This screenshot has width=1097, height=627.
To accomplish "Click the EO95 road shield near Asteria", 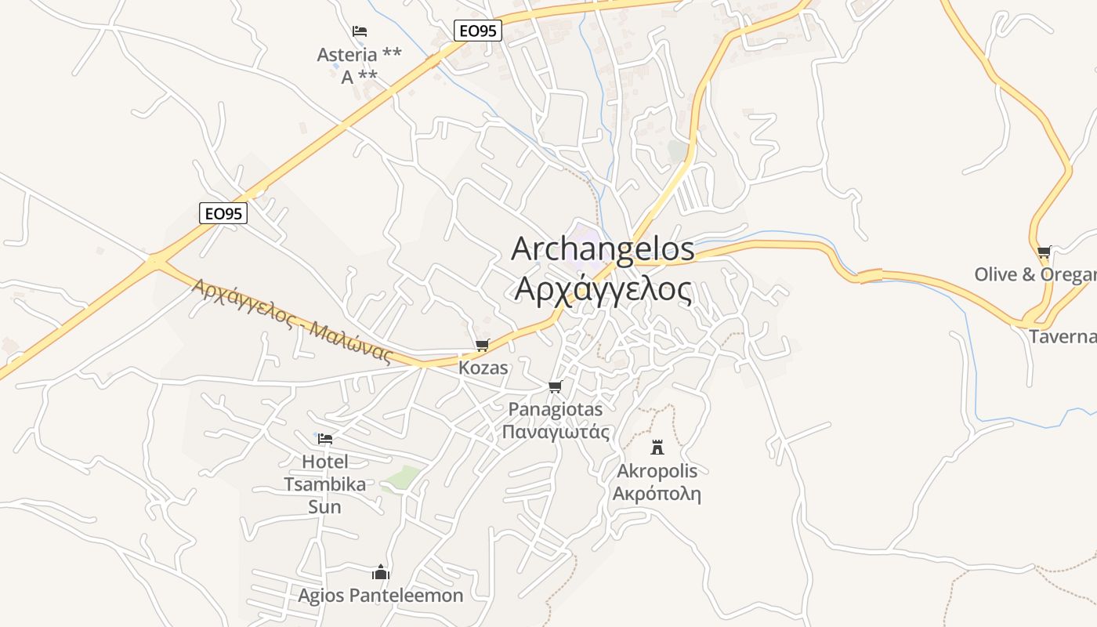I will tap(477, 31).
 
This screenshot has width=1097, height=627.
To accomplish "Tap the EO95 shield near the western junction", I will tap(223, 213).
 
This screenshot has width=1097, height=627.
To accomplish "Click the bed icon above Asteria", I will tap(360, 31).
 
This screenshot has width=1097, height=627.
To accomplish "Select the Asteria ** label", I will tap(359, 55).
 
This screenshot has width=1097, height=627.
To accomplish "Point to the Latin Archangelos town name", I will tap(603, 248).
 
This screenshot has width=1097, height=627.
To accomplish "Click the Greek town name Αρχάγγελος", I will tap(603, 289).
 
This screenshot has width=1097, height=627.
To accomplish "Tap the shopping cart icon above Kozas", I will tap(482, 346).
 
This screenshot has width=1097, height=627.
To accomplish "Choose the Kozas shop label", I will tap(483, 368).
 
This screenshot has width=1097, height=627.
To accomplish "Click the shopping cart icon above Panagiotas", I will tap(556, 387).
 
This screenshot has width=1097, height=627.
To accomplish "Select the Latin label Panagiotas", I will tap(556, 409).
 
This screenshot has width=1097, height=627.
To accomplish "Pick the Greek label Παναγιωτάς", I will tap(556, 432).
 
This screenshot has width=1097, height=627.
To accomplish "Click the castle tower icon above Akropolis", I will tap(657, 448).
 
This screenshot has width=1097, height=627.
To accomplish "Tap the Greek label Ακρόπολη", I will tap(657, 494).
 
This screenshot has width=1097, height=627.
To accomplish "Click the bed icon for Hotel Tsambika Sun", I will tap(325, 439).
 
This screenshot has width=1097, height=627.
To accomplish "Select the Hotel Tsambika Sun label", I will tap(325, 484).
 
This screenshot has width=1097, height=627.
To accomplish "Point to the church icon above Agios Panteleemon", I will tap(381, 572).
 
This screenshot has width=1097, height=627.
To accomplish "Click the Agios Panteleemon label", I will tap(381, 596).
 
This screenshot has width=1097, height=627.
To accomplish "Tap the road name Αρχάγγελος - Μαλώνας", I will tap(291, 320).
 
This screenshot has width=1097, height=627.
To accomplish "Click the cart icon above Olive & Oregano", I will tap(1044, 252).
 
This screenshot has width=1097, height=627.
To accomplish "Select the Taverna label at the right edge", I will tap(1063, 337).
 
